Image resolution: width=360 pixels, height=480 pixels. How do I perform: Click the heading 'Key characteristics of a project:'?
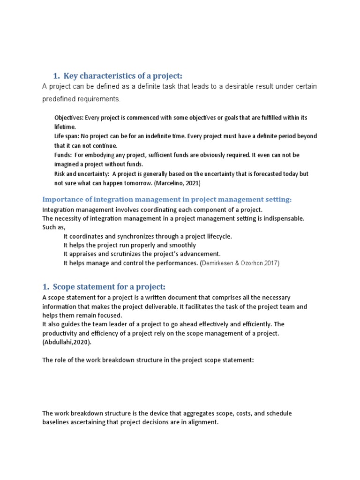pyautogui.click(x=123, y=76)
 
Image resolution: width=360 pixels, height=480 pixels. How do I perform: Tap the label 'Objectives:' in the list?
pyautogui.click(x=69, y=118)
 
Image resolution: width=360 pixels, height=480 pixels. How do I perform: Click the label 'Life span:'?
pyautogui.click(x=67, y=136)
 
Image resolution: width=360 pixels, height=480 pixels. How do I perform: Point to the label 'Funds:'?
pyautogui.click(x=63, y=155)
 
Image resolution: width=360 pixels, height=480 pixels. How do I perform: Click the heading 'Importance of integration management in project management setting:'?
pyautogui.click(x=167, y=200)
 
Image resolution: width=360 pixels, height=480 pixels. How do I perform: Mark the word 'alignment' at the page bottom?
pyautogui.click(x=202, y=422)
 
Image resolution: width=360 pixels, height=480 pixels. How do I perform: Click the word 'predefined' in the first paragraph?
pyautogui.click(x=59, y=99)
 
